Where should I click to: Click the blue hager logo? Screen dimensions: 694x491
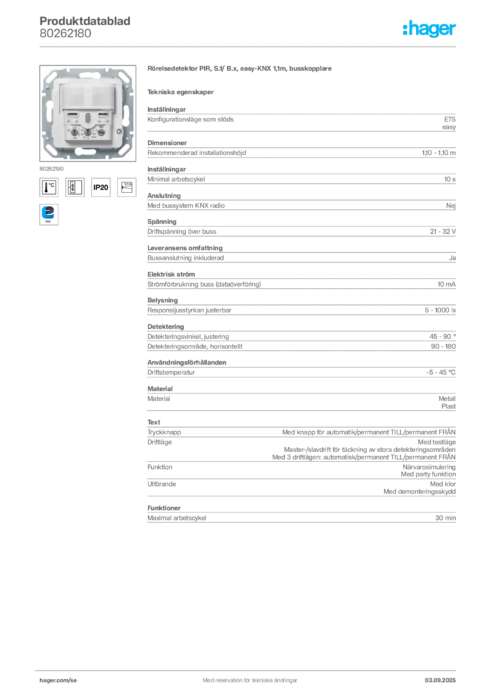(430, 29)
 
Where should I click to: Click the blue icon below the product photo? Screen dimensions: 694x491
(49, 213)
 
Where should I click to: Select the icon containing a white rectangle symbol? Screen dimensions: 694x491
(75, 186)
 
